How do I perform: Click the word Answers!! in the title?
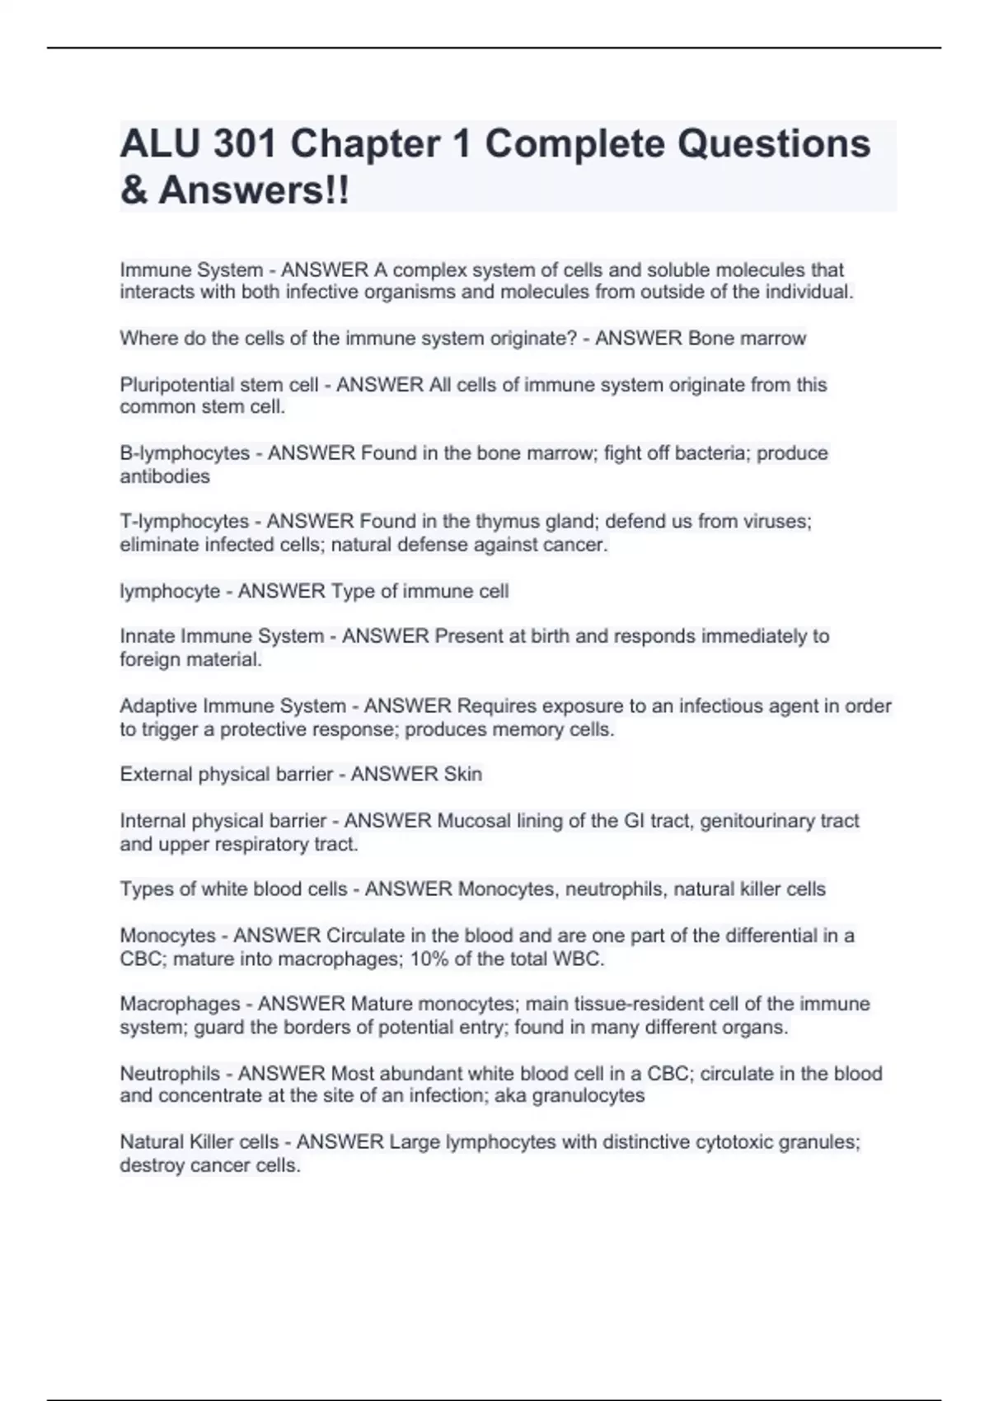coord(254,190)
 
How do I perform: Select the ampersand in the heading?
coord(134,190)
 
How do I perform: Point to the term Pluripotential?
coord(174,385)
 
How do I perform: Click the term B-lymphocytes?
coord(185,453)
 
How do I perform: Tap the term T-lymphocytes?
coord(184,522)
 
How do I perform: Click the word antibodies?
coord(165,476)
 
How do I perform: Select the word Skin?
coord(462,775)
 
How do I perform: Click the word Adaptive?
coord(158,706)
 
